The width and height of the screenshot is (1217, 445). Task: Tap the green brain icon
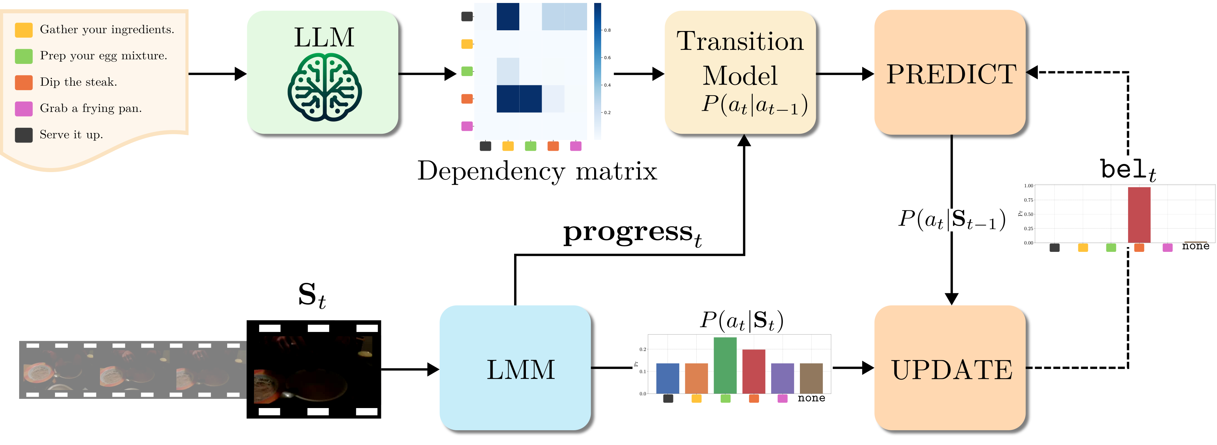(325, 88)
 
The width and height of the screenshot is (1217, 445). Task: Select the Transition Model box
(740, 73)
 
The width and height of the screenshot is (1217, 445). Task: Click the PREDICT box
(950, 73)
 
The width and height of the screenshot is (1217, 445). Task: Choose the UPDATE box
(950, 369)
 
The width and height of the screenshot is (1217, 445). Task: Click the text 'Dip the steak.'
(79, 82)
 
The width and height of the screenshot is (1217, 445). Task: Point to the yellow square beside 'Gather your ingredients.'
(24, 30)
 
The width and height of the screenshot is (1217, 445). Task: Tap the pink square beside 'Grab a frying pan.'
(24, 109)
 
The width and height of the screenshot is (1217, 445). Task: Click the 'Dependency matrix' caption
(537, 171)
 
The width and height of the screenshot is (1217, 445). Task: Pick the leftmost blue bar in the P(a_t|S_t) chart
(668, 378)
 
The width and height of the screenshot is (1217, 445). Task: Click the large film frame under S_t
(314, 369)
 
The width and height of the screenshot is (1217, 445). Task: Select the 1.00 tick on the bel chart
(1028, 186)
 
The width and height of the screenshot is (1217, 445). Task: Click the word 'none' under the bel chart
(1195, 246)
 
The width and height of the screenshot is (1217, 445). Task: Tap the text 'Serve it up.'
(71, 135)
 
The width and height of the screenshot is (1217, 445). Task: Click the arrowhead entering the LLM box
(241, 74)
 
